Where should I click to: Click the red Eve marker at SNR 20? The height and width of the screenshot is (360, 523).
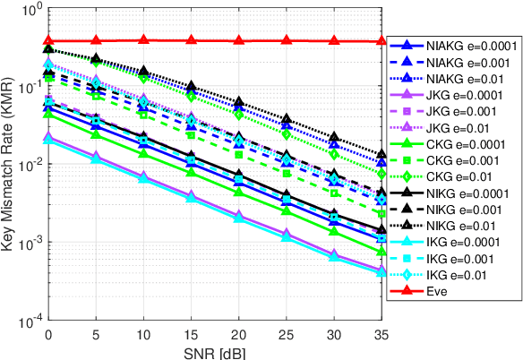pyautogui.click(x=238, y=40)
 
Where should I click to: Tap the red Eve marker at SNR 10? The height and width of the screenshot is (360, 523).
pyautogui.click(x=143, y=39)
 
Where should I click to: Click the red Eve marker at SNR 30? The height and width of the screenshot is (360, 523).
pyautogui.click(x=334, y=40)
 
